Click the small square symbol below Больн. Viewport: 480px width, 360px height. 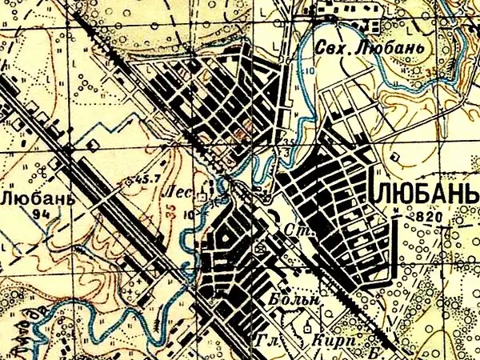click(308, 326)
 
